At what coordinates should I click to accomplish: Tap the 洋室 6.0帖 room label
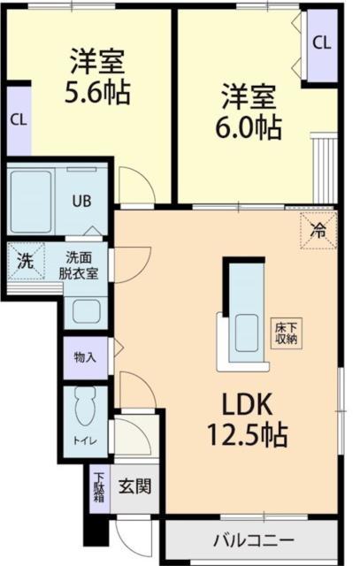249,111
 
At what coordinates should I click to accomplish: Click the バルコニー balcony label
253,539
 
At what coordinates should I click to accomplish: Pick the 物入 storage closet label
85,357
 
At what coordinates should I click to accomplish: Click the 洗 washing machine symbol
26,262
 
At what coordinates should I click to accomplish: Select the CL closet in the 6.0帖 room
321,42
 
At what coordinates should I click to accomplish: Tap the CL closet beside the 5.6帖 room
17,119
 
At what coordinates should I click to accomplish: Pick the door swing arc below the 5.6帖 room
134,187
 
